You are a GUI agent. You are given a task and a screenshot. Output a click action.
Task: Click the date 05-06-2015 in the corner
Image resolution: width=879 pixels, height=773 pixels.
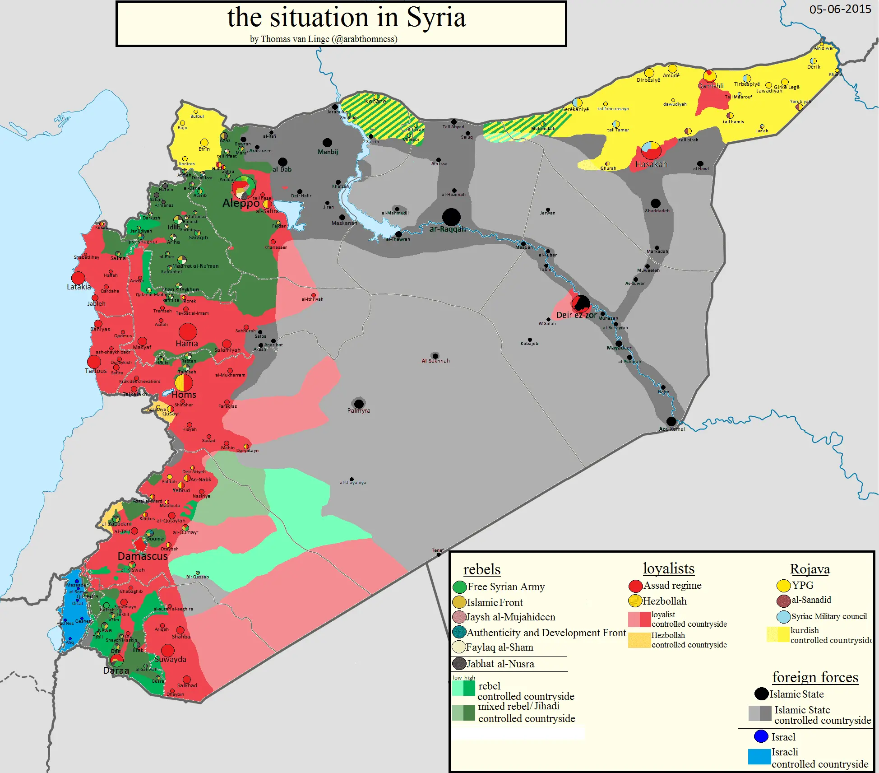click(x=840, y=9)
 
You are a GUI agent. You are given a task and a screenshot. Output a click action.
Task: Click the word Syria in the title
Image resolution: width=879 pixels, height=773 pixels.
click(x=436, y=18)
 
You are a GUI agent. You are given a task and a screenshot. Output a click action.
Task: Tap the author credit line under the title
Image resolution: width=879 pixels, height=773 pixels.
click(x=324, y=39)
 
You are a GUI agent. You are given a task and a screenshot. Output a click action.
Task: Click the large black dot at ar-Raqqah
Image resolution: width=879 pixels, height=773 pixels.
click(x=451, y=217)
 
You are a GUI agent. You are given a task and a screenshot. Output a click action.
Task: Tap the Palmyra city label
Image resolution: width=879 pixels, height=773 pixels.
click(x=359, y=411)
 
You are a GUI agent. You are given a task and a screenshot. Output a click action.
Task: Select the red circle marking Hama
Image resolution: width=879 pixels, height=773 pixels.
click(x=188, y=332)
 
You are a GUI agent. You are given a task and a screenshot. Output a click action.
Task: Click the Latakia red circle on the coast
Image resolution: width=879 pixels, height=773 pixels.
click(x=79, y=278)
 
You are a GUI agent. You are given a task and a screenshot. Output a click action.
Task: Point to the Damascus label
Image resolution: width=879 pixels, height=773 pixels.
click(x=143, y=556)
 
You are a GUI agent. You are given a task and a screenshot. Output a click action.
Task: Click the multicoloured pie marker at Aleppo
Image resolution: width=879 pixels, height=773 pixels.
click(x=244, y=187)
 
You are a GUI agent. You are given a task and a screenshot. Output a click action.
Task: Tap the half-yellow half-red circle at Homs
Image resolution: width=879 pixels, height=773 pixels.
click(x=184, y=383)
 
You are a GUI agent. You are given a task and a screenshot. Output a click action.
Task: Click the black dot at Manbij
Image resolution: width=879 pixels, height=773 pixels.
click(x=328, y=143)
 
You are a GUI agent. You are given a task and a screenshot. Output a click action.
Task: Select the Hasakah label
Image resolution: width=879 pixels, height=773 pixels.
click(x=651, y=164)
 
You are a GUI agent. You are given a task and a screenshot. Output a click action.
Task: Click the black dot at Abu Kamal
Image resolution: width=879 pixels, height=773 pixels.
click(x=671, y=421)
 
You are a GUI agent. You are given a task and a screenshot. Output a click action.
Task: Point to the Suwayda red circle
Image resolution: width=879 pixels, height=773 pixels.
click(x=168, y=650)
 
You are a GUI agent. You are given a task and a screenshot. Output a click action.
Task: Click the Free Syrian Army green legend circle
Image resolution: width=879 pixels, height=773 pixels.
click(x=459, y=587)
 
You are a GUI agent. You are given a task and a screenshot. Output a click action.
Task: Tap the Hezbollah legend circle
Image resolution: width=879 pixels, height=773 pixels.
click(x=635, y=601)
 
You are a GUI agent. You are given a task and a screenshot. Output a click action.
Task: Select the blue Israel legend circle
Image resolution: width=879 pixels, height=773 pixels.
click(x=761, y=736)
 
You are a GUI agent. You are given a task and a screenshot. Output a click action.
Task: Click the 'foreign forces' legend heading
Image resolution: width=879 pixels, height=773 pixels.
click(x=815, y=677)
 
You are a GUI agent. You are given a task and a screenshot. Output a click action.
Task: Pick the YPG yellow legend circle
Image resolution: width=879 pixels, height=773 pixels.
click(x=784, y=586)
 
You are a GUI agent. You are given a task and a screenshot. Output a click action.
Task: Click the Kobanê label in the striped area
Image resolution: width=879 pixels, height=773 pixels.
click(x=375, y=102)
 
